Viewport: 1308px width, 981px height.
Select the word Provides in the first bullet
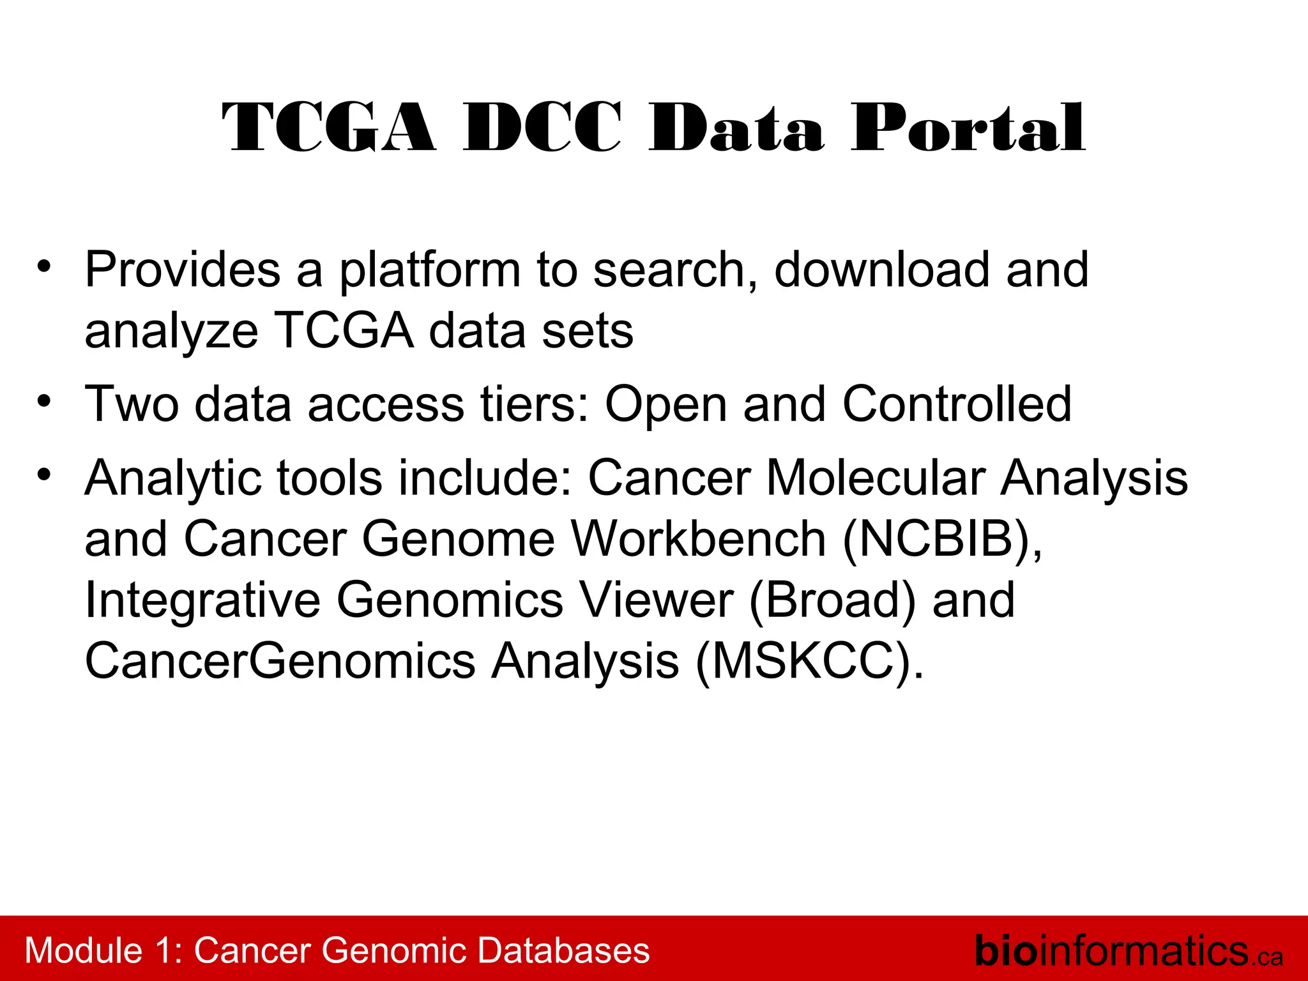[x=183, y=270]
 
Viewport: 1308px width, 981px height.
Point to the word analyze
[x=171, y=332]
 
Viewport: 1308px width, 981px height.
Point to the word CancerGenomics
[x=280, y=662]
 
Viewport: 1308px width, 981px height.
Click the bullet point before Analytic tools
[x=43, y=475]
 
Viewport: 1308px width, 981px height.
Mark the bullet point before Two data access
[x=43, y=402]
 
